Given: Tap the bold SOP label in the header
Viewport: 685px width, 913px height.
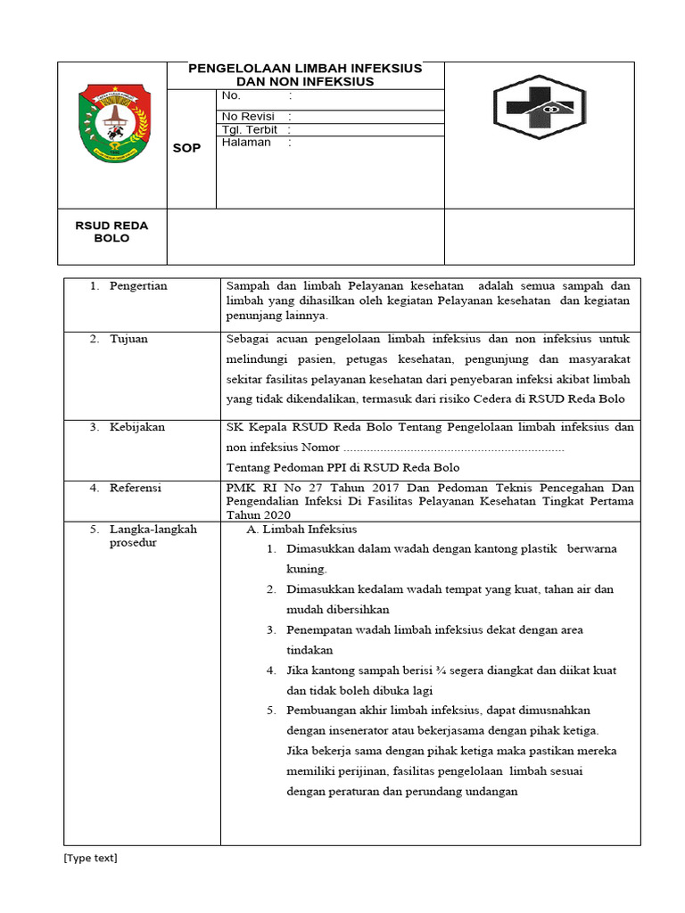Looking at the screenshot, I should tap(186, 148).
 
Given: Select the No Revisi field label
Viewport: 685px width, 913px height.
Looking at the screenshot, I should tap(249, 117).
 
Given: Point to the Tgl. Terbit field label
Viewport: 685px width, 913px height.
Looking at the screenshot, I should tap(250, 130).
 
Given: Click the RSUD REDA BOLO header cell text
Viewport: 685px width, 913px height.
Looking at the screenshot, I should tap(111, 232).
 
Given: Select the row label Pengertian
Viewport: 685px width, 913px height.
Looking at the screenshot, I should tap(137, 286).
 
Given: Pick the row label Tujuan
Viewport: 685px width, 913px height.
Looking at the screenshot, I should tap(128, 340).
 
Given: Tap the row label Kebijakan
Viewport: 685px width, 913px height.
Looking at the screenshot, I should tap(136, 427).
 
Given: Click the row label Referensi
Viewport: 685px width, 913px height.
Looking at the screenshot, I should tap(135, 489).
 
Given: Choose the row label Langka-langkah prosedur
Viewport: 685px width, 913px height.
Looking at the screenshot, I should tap(141, 536).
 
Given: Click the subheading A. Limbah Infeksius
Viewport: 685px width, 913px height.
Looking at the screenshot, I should tap(295, 530).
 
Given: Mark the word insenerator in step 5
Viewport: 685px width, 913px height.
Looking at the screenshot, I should tap(353, 731).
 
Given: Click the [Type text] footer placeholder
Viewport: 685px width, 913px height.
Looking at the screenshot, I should tap(89, 859).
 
